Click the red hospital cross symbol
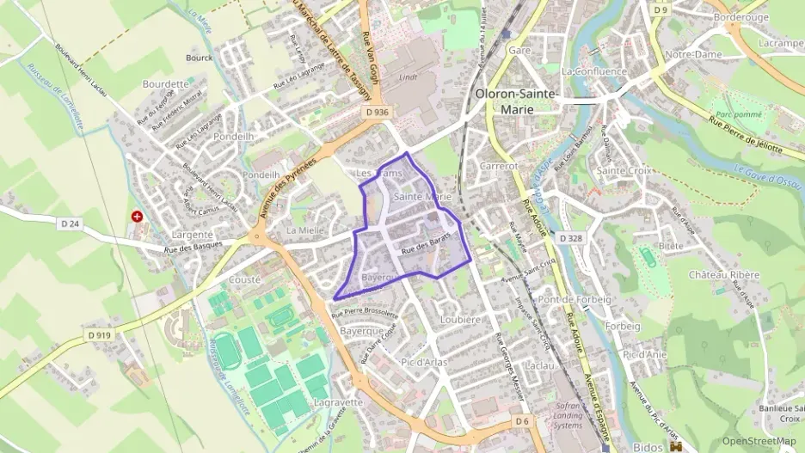(136, 216)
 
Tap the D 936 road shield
(377, 112)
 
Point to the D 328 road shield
(571, 237)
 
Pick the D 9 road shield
(660, 10)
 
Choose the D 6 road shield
(522, 421)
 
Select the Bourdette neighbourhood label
(165, 84)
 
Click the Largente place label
(192, 235)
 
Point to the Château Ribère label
(724, 274)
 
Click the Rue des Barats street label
(426, 248)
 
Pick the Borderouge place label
(740, 16)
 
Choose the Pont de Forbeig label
(575, 299)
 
